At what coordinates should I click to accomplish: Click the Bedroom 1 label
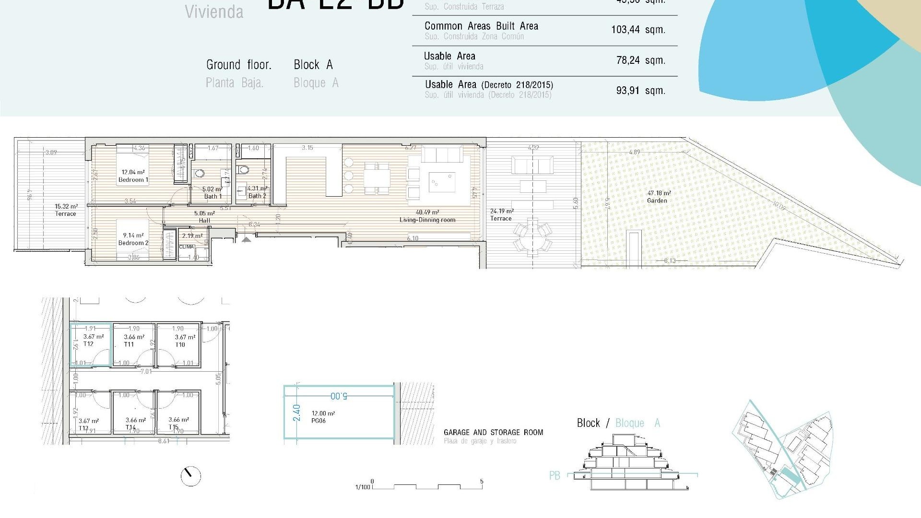pyautogui.click(x=133, y=179)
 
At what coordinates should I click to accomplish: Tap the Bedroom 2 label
pyautogui.click(x=133, y=243)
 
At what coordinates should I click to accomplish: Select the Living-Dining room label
pyautogui.click(x=427, y=220)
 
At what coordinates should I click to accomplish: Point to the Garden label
pyautogui.click(x=657, y=200)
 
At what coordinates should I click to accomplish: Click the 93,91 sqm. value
pyautogui.click(x=640, y=91)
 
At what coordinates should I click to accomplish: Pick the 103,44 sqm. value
pyautogui.click(x=638, y=30)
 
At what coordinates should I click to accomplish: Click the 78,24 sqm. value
pyautogui.click(x=640, y=60)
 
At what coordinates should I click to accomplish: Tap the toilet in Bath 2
pyautogui.click(x=244, y=169)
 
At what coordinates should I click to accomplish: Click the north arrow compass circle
pyautogui.click(x=190, y=476)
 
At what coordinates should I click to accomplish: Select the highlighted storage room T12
pyautogui.click(x=91, y=345)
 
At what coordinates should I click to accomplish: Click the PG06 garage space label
pyautogui.click(x=319, y=421)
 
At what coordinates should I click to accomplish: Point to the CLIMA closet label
pyautogui.click(x=186, y=247)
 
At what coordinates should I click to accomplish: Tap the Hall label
pyautogui.click(x=204, y=221)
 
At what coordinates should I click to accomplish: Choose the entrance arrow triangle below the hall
pyautogui.click(x=246, y=239)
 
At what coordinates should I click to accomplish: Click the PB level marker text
pyautogui.click(x=555, y=476)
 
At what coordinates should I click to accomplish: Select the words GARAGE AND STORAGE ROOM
pyautogui.click(x=493, y=433)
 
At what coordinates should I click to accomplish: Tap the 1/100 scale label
pyautogui.click(x=363, y=487)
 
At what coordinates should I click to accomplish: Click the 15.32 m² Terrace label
pyautogui.click(x=66, y=214)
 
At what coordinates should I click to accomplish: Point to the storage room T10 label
pyautogui.click(x=180, y=344)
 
